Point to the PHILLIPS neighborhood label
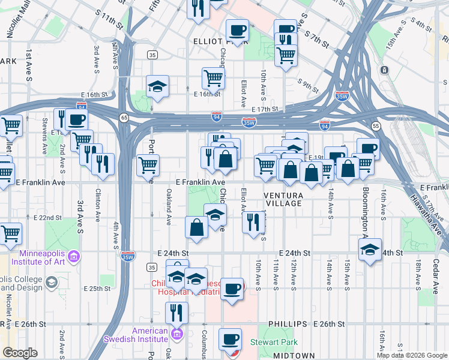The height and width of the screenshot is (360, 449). point(287,323)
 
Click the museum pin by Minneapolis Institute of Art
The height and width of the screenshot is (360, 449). point(74,257)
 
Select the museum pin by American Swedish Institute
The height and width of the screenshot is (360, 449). point(176,334)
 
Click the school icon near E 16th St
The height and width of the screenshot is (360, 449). point(158,87)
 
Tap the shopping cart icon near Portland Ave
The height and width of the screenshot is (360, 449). point(148,164)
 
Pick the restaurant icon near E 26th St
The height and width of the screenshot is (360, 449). point(176,313)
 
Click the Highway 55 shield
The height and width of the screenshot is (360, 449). point(376,127)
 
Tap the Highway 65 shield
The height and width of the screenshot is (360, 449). point(123,118)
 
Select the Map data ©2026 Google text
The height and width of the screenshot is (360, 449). point(412,355)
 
